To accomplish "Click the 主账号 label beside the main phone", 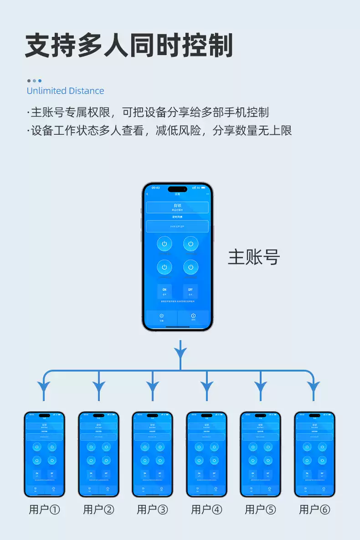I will tap(254, 257).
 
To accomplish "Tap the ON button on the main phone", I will tap(164, 290).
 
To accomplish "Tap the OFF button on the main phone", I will tap(190, 290).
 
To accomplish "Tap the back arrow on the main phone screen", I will tap(148, 194).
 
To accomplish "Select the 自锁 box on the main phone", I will tap(177, 207).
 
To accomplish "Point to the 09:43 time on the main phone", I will tap(155, 188).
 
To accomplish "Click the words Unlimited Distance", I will tap(65, 91).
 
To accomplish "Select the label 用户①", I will tap(44, 509).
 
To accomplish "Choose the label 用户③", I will tap(152, 509).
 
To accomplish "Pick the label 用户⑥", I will tap(314, 509).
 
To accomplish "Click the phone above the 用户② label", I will tap(98, 454).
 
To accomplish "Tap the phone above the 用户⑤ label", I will tap(260, 454).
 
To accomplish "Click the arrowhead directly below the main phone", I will tap(180, 352).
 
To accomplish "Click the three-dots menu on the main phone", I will tap(208, 194).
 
